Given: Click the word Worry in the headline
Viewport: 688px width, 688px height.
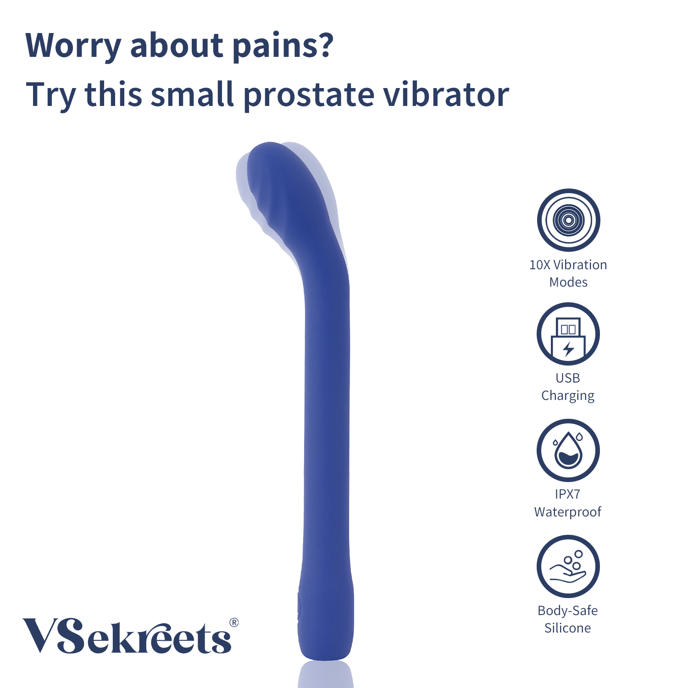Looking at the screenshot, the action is (x=73, y=47).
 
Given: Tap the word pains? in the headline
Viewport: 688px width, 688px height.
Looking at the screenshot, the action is (x=282, y=47).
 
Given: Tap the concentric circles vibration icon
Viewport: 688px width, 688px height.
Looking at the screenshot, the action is (x=568, y=220).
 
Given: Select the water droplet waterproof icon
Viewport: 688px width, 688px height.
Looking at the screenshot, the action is (x=568, y=450).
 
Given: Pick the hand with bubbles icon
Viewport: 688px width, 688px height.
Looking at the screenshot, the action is (x=568, y=566).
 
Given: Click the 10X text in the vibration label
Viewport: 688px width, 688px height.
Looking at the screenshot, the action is (x=540, y=265).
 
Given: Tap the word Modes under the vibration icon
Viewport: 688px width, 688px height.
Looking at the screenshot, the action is (x=568, y=282).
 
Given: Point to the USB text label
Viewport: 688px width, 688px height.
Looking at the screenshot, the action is (x=568, y=378).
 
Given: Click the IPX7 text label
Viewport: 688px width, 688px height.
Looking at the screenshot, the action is (x=568, y=494).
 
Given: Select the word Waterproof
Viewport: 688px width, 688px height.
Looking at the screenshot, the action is (x=568, y=512).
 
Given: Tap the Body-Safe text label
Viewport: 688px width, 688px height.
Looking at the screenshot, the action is (x=568, y=611).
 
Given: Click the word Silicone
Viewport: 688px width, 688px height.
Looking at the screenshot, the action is (x=568, y=628).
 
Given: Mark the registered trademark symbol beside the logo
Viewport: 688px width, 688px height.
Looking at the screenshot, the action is (x=234, y=622).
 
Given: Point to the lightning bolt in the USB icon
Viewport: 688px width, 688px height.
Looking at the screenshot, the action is (x=569, y=349).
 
